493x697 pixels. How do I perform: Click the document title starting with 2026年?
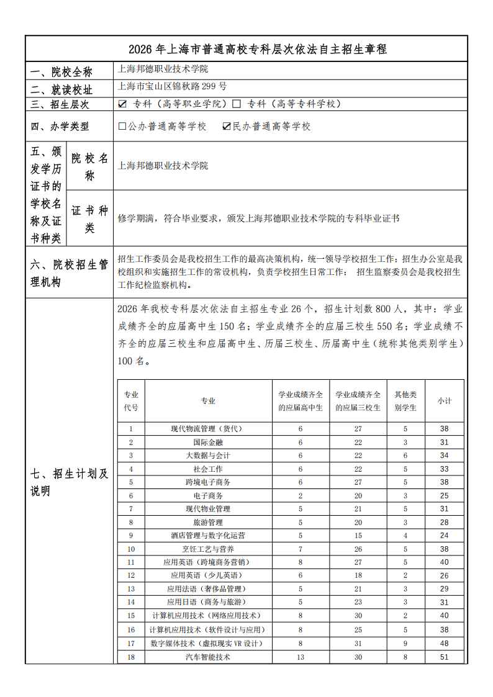[x=246, y=49]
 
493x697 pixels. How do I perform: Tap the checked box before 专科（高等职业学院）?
[x=122, y=104]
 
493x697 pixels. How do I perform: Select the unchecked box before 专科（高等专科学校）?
[x=237, y=104]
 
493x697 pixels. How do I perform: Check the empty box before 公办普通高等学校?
[x=122, y=126]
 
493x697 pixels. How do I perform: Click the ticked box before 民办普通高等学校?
[x=227, y=126]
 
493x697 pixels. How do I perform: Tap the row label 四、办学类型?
[x=60, y=127]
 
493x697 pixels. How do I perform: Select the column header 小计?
[x=444, y=401]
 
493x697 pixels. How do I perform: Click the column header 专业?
[x=208, y=401]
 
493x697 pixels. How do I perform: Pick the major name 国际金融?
[x=208, y=443]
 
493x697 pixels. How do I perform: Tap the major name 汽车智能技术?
[x=208, y=657]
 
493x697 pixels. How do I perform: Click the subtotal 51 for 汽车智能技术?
[x=444, y=657]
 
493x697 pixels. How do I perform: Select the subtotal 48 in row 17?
[x=444, y=643]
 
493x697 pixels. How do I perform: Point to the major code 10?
[x=131, y=549]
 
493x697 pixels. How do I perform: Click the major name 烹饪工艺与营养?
[x=208, y=549]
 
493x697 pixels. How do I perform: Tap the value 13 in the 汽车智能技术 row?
[x=301, y=657]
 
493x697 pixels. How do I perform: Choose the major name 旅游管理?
[x=208, y=523]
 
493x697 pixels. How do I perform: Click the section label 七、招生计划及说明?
[x=69, y=483]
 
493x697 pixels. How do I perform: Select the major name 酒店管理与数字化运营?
[x=208, y=536]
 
